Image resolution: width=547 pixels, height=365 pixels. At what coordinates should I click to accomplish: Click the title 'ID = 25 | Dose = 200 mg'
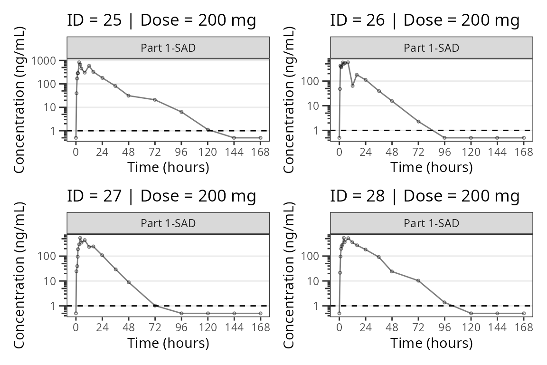point(161,20)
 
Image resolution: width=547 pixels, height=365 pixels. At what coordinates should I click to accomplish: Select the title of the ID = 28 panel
point(424,196)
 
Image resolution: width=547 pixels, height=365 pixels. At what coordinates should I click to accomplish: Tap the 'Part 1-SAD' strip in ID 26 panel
point(431,48)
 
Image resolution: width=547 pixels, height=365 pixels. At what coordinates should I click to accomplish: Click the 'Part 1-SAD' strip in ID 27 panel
point(168,223)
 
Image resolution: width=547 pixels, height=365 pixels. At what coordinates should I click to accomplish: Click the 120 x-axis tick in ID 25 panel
point(208,152)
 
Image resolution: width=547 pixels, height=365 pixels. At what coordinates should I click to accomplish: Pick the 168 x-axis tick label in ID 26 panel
point(524,152)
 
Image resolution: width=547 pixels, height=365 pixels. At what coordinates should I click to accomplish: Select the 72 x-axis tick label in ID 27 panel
point(155,328)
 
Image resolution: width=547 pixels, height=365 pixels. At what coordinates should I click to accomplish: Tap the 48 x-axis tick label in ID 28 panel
point(392,328)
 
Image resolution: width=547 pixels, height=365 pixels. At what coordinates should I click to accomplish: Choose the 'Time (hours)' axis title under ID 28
point(431,343)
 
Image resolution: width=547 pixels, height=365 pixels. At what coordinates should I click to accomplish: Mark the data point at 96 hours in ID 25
point(181,112)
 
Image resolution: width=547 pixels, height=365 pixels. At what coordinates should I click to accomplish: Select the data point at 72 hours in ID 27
point(155,306)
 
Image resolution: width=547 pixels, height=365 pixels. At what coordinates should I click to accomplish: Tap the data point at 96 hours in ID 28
point(444,302)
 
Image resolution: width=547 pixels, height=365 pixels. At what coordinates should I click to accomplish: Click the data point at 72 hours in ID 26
point(418,122)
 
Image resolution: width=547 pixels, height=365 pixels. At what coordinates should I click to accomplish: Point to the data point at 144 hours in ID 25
point(234,138)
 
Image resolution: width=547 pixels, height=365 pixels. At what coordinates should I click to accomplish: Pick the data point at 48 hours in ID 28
point(392,271)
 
